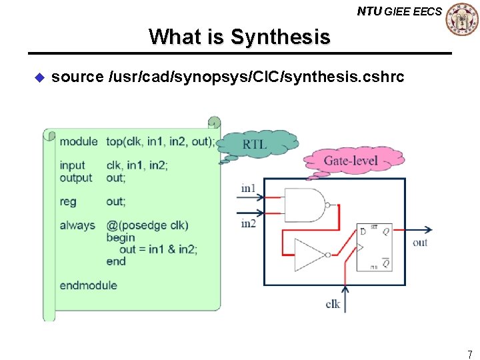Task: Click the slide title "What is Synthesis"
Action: pos(239,36)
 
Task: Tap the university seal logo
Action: pos(461,19)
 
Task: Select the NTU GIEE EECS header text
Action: pos(399,11)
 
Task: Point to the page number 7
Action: pos(470,354)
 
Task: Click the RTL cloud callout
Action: pos(255,144)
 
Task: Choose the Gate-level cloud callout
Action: pos(351,161)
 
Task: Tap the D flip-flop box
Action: pos(374,247)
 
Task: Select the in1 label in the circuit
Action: pos(248,189)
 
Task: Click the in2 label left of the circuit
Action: pos(248,224)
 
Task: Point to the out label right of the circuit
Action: pos(420,243)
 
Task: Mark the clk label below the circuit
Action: pos(333,305)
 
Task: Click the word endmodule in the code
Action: pos(88,285)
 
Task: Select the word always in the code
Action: pos(77,225)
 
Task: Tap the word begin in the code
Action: pos(120,237)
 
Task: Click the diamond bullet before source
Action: pos(38,77)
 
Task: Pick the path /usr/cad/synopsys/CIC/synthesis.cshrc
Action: pos(256,77)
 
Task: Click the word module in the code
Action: pos(78,141)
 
